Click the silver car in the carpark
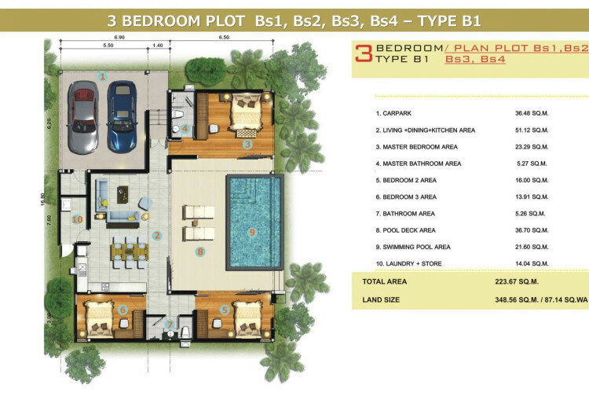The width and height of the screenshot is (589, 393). [83, 117]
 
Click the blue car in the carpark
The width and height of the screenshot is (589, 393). [122, 116]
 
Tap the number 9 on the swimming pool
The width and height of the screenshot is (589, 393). [252, 232]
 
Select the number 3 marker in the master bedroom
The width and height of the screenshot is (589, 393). [247, 144]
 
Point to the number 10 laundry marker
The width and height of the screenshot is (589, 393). [77, 219]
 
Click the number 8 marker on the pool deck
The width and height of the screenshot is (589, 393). [200, 252]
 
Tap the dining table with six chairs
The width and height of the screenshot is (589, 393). [130, 252]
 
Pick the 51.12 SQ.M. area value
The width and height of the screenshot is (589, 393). [532, 130]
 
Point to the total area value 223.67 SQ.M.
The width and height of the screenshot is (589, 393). [517, 281]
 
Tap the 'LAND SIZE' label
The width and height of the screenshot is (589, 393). [381, 299]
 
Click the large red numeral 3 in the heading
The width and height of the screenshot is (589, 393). [364, 53]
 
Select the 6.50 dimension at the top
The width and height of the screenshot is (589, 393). [224, 37]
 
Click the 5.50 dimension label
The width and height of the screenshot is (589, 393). [108, 45]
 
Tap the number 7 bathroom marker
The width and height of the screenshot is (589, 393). [170, 324]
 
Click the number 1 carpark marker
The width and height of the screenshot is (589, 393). [102, 77]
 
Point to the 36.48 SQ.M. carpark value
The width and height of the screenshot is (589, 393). [532, 113]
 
